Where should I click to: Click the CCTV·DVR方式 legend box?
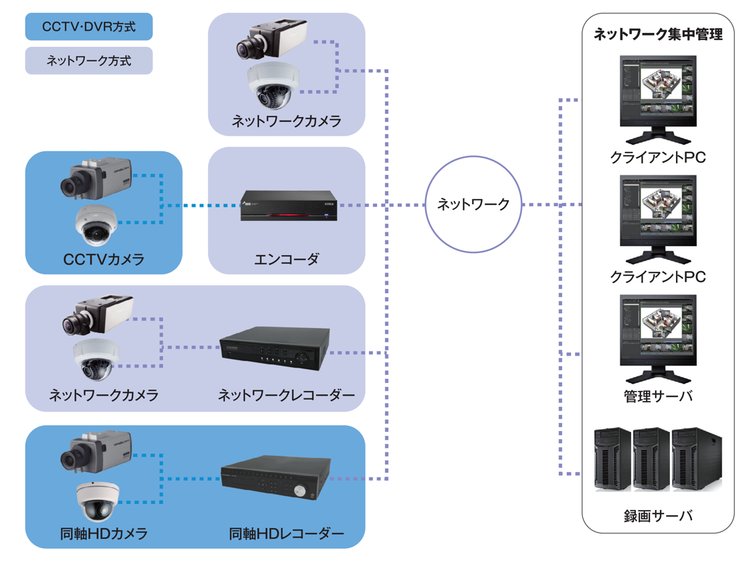click(x=88, y=27)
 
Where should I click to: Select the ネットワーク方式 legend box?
click(x=88, y=60)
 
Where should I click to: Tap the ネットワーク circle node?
click(x=473, y=204)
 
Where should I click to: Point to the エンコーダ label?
click(x=286, y=259)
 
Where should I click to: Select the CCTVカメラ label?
click(x=104, y=259)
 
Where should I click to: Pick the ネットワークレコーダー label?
click(x=286, y=395)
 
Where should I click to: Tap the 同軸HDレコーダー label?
click(x=286, y=534)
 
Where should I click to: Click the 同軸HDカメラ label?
click(x=104, y=534)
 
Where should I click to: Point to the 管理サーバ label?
click(x=657, y=396)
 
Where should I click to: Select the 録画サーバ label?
click(x=657, y=515)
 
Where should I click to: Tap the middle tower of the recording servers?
click(x=651, y=460)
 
